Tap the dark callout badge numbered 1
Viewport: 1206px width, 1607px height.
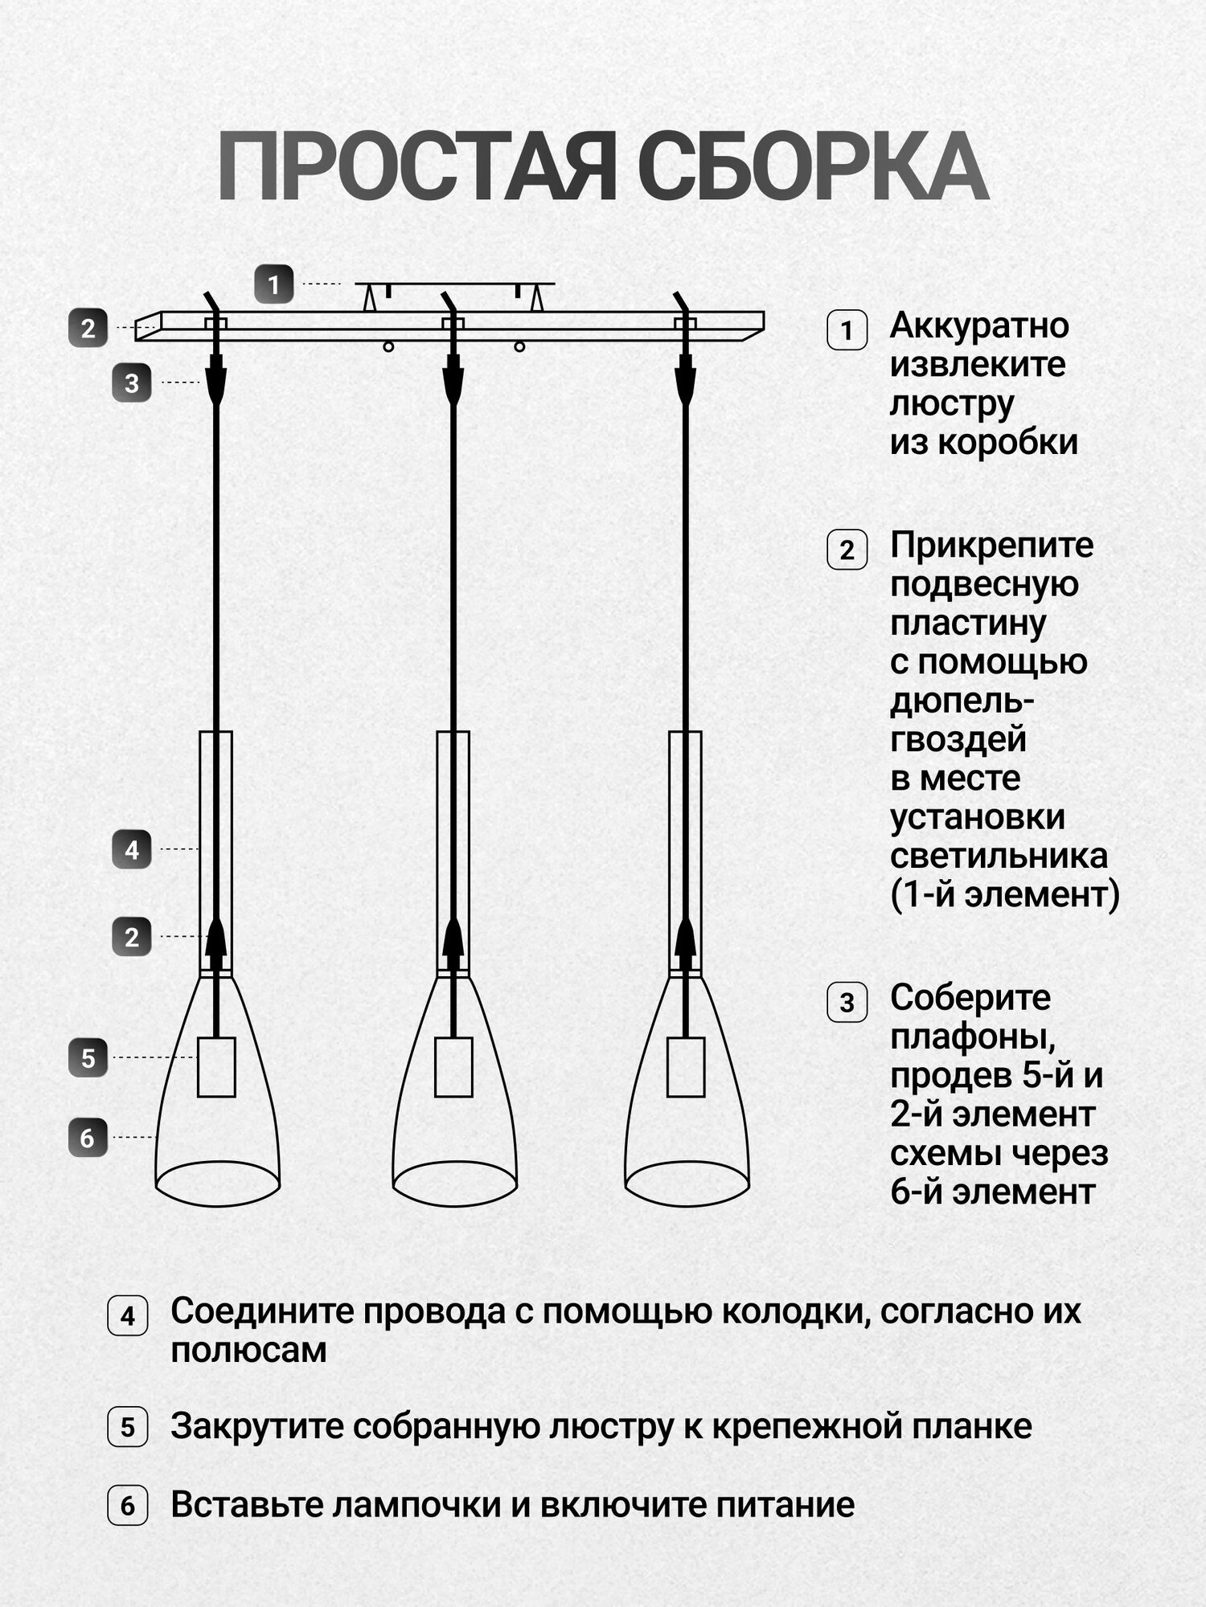click(273, 284)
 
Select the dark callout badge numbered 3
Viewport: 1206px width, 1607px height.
click(132, 383)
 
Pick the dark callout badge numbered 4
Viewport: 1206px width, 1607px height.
click(132, 850)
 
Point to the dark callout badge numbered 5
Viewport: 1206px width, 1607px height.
click(88, 1057)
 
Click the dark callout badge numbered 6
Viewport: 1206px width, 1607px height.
click(88, 1138)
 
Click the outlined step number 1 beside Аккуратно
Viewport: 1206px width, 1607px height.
click(847, 330)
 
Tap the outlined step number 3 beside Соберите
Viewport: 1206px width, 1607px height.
click(847, 1003)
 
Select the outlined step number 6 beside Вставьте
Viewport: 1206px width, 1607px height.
click(127, 1505)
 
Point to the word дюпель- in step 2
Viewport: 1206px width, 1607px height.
click(962, 701)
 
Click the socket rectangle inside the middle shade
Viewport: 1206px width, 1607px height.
click(453, 1067)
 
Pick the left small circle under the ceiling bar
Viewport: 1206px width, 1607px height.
click(388, 347)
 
